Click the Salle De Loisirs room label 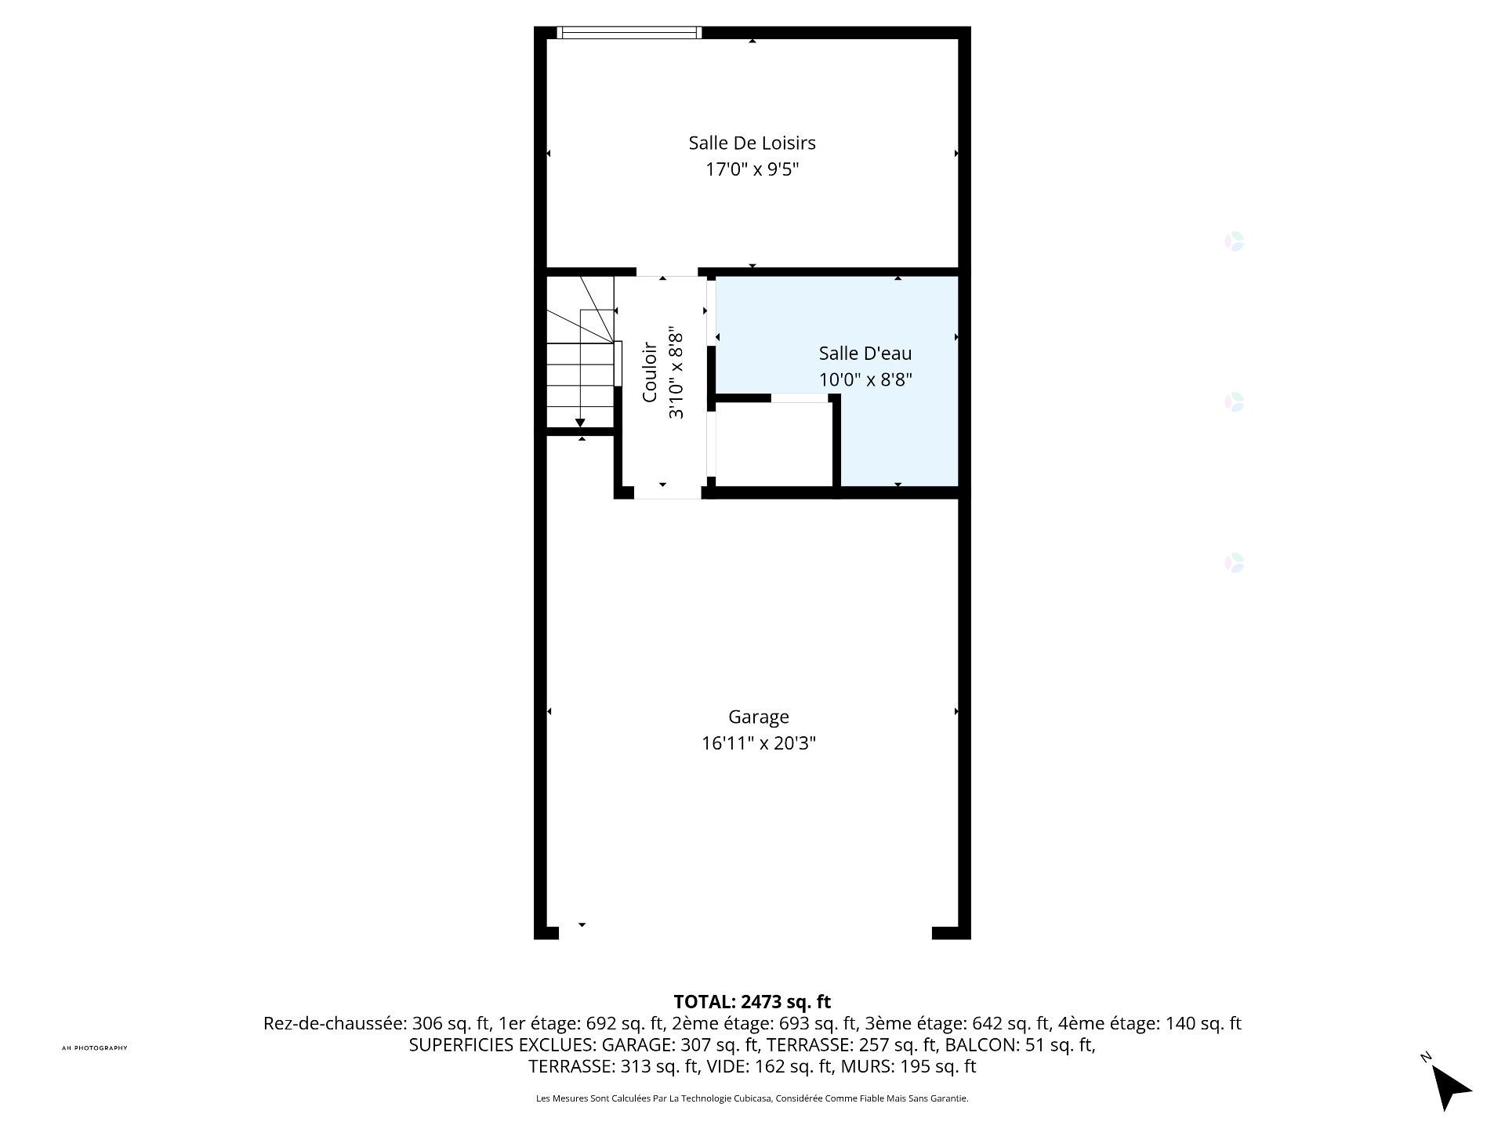(752, 143)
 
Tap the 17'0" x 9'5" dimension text (752, 169)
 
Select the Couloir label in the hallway (649, 372)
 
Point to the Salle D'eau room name (865, 354)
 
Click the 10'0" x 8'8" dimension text (865, 379)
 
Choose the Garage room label (758, 717)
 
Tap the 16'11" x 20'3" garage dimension (758, 743)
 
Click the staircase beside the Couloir (580, 351)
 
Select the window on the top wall (629, 32)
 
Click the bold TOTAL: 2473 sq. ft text (752, 1002)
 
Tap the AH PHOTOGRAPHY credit (94, 1048)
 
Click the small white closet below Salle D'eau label (774, 444)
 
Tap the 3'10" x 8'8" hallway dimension (676, 376)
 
